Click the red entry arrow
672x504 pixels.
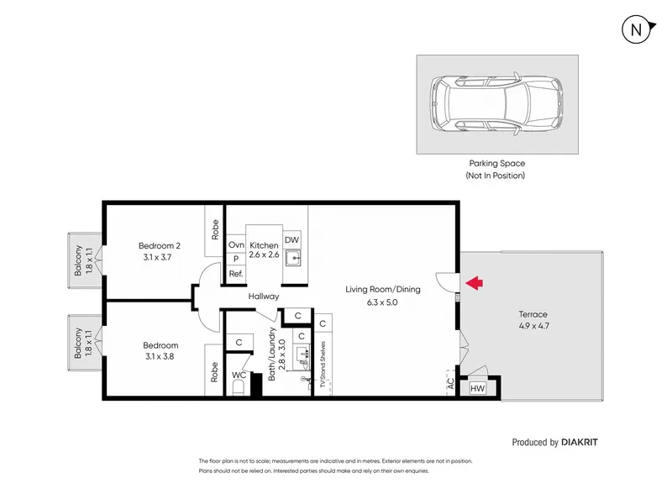(x=474, y=283)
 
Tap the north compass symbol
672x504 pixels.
(x=638, y=30)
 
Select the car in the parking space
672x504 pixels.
(x=496, y=104)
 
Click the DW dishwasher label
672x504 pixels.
(x=291, y=240)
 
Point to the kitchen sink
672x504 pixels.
(x=294, y=258)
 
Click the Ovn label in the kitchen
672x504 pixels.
(x=236, y=244)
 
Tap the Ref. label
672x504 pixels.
(x=236, y=274)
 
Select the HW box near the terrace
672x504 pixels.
(x=477, y=388)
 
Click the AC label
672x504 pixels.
(x=450, y=383)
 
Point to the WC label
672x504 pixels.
(x=239, y=375)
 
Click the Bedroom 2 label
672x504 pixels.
(x=160, y=245)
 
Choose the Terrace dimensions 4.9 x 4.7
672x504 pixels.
(x=533, y=326)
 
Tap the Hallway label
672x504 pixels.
(x=264, y=297)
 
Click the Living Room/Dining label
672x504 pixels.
(x=383, y=289)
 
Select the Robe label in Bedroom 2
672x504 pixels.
(x=215, y=229)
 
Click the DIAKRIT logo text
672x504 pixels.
(x=580, y=443)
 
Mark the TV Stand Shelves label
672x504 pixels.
(x=323, y=365)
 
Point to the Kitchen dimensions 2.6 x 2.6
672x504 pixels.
(x=264, y=255)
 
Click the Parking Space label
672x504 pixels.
(x=497, y=163)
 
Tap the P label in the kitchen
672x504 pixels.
(x=236, y=259)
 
